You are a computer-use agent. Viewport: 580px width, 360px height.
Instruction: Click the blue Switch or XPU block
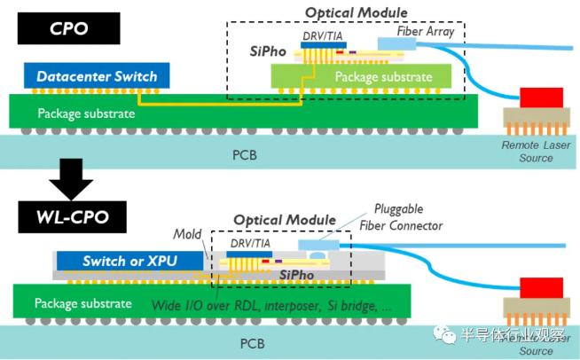[129, 262]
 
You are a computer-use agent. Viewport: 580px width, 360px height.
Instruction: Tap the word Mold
[186, 235]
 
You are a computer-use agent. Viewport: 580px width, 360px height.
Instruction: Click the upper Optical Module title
[356, 12]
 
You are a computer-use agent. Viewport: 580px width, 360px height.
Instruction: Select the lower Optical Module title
[285, 220]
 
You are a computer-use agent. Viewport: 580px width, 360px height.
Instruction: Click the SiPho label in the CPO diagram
[267, 52]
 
